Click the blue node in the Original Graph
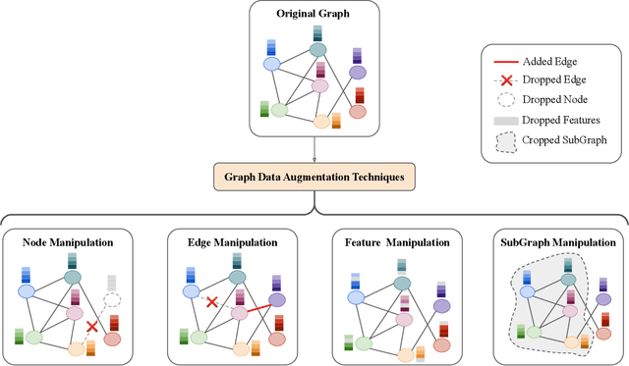pyautogui.click(x=270, y=65)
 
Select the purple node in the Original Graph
pyautogui.click(x=358, y=72)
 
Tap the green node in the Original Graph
pyautogui.click(x=280, y=111)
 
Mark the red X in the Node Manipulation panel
pyautogui.click(x=91, y=326)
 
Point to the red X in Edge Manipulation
pyautogui.click(x=210, y=303)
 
